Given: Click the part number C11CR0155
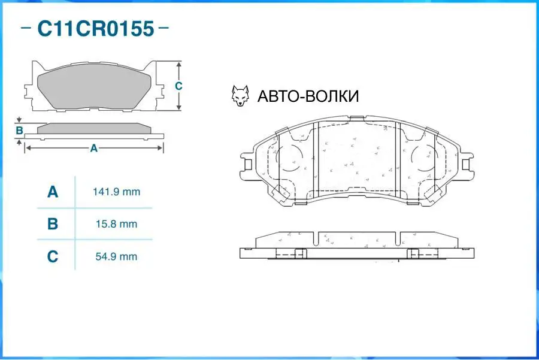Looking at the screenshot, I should [96, 28].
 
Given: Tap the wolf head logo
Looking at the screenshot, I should [240, 96].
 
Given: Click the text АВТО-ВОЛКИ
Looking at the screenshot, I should [308, 96].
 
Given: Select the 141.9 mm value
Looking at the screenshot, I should [116, 192].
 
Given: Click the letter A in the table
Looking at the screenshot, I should [53, 192].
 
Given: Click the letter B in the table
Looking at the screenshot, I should [53, 224].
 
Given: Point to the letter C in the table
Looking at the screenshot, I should [53, 256].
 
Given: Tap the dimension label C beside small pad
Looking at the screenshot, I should [178, 86].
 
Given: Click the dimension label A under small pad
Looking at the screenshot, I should [93, 148].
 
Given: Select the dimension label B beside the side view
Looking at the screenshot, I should [19, 131].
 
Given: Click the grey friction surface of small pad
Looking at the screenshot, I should [93, 90].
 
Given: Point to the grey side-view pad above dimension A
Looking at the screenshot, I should [93, 128].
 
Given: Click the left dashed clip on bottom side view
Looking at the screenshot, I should [291, 253].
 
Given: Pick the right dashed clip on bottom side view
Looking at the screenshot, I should [419, 253].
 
